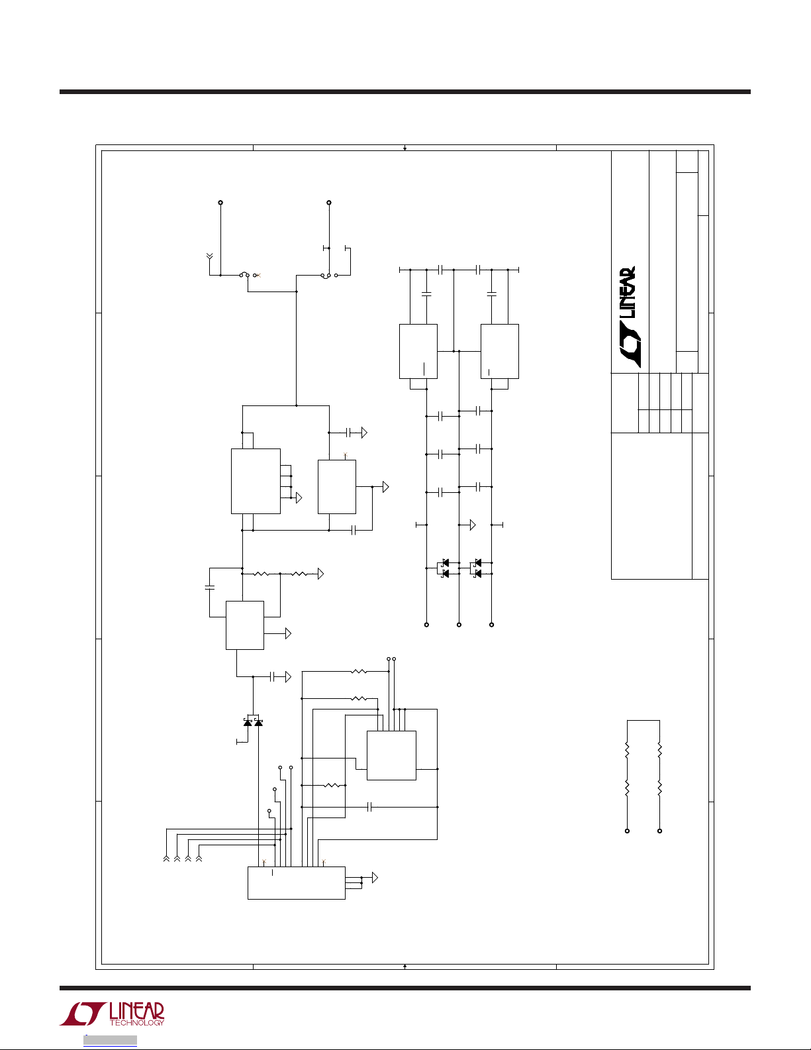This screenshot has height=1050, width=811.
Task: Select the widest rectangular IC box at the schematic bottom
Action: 296,882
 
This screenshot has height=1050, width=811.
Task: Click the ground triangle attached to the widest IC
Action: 375,878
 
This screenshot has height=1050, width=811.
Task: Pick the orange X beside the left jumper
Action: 259,274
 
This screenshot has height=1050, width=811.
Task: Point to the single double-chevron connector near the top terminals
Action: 210,255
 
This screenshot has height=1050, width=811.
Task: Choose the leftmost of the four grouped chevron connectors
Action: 166,859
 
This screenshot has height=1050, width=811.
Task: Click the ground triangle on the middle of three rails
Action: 473,525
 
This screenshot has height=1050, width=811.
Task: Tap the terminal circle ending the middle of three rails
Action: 459,625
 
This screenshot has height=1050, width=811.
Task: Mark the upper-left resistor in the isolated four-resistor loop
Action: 627,751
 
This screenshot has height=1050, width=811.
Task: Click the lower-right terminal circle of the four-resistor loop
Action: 659,831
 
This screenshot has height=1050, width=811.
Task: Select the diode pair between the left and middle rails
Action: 444,568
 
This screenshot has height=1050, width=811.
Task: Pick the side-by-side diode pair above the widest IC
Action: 253,722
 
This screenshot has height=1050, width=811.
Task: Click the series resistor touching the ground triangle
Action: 300,574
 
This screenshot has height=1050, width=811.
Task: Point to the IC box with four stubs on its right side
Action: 256,481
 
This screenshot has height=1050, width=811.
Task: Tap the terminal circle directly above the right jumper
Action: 329,203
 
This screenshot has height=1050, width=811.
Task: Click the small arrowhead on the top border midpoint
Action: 405,148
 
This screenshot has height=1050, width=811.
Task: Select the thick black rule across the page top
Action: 405,91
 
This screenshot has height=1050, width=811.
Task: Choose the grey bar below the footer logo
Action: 110,1040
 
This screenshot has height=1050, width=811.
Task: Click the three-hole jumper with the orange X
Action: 248,274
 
